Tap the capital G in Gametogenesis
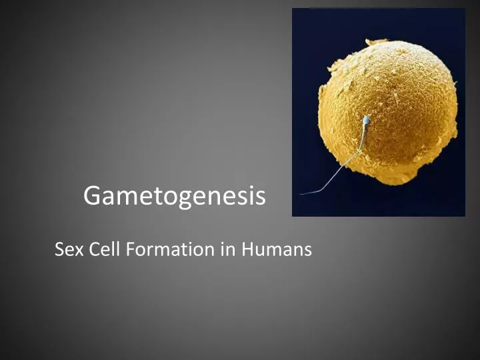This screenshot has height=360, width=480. click(92, 196)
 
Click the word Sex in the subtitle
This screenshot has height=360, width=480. click(67, 250)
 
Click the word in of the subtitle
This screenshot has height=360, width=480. click(228, 250)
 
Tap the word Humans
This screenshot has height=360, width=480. click(277, 250)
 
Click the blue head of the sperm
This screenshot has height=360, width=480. click(366, 121)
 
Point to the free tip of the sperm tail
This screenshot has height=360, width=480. click(301, 194)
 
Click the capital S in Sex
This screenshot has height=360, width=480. click(59, 250)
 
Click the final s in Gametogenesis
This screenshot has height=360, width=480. click(260, 197)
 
